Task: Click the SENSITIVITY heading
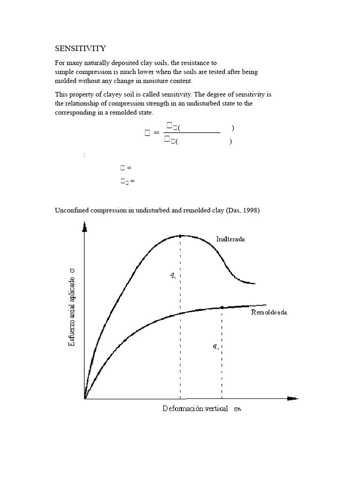81,48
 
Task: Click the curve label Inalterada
230,239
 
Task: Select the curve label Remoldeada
269,312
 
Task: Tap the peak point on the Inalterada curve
180,235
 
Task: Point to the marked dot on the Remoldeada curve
222,307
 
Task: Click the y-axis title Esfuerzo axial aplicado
72,307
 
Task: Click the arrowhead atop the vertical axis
84,227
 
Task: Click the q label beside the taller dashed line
173,276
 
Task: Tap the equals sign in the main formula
157,134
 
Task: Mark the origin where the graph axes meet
85,399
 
